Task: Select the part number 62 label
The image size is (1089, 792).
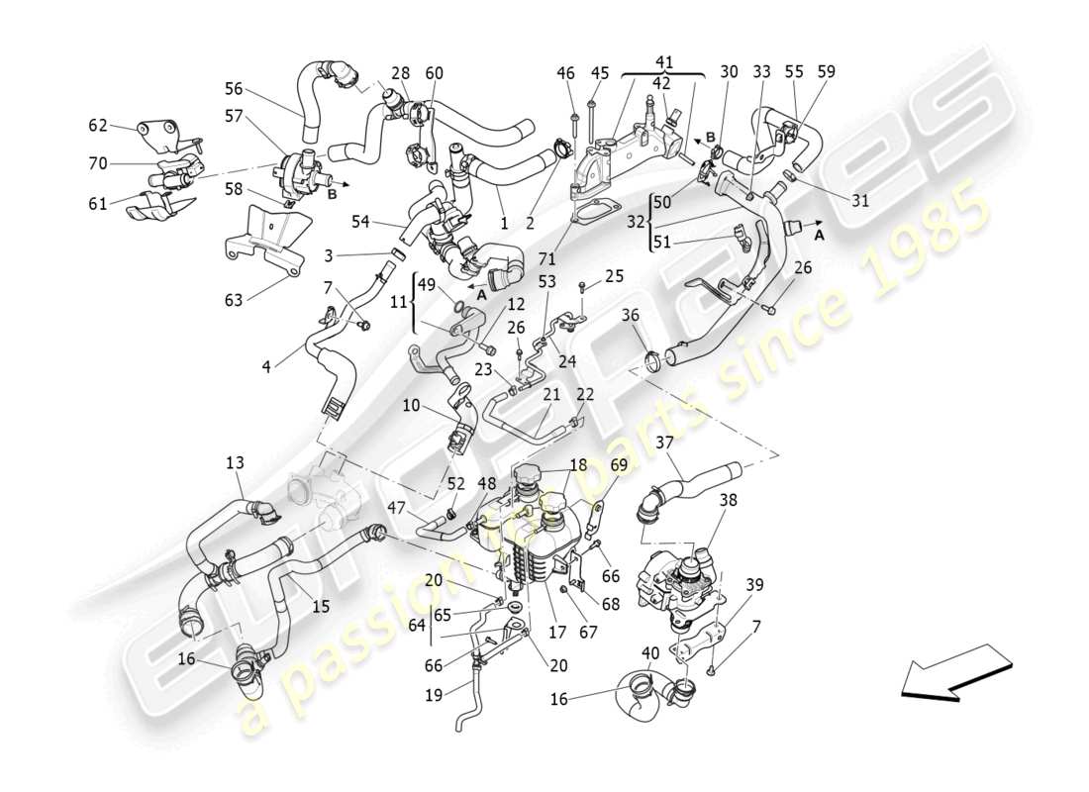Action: [x=97, y=126]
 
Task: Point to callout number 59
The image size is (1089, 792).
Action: [x=827, y=71]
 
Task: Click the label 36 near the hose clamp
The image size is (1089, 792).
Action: [x=630, y=315]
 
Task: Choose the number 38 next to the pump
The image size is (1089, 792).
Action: [x=728, y=501]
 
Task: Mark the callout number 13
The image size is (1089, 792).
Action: [x=234, y=462]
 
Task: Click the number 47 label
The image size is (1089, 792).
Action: [x=395, y=507]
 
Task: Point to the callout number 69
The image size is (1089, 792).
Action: [x=618, y=464]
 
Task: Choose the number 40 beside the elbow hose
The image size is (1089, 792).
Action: [x=648, y=652]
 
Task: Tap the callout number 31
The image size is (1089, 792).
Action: [x=859, y=200]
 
